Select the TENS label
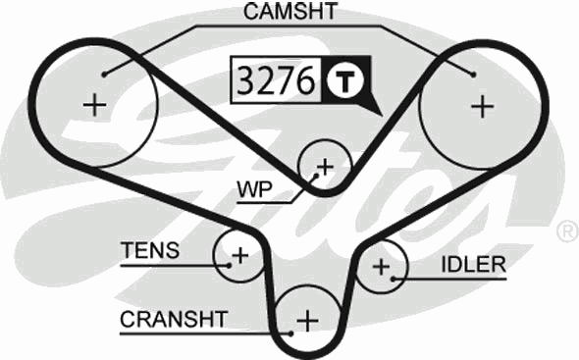click(x=150, y=250)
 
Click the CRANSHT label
click(x=175, y=319)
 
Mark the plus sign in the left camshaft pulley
click(x=95, y=104)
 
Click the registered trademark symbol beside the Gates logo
click(x=567, y=231)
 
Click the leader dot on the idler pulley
click(x=395, y=279)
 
